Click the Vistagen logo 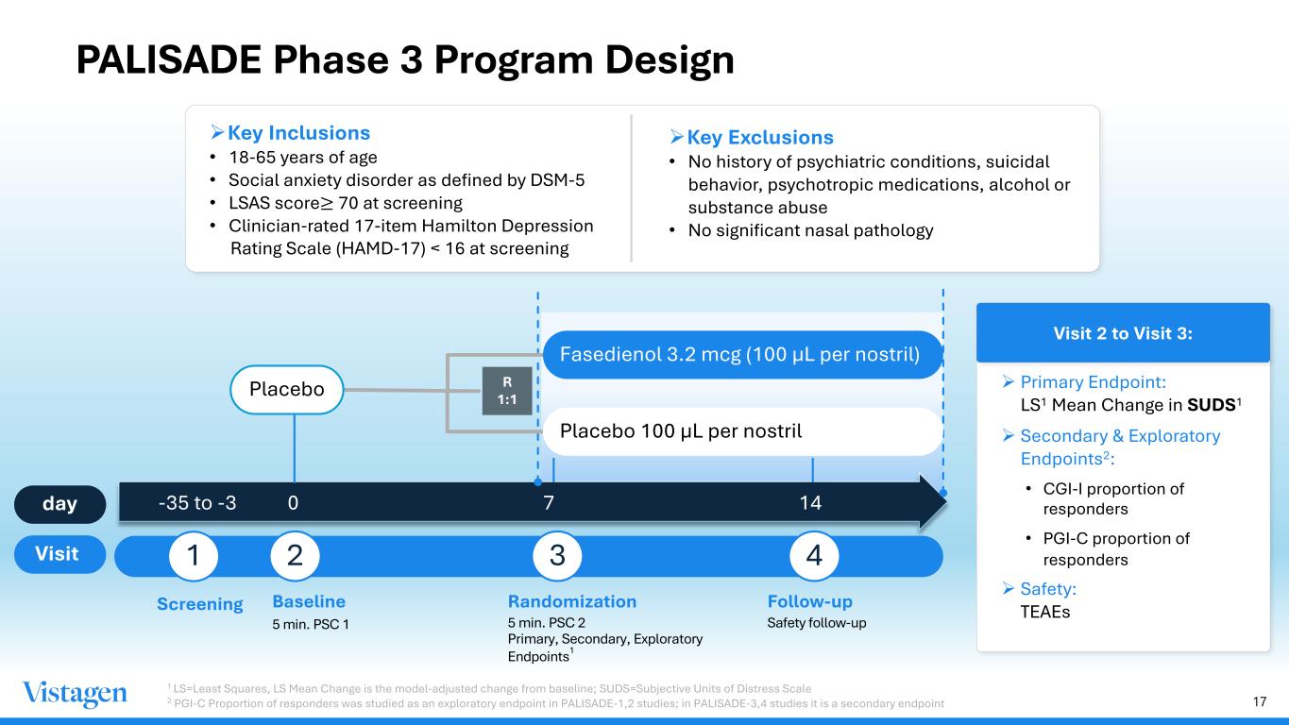pyautogui.click(x=75, y=695)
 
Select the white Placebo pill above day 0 pyautogui.click(x=286, y=390)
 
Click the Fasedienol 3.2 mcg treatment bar pyautogui.click(x=741, y=355)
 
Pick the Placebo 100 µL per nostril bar pyautogui.click(x=741, y=431)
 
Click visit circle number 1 pyautogui.click(x=194, y=556)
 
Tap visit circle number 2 pyautogui.click(x=295, y=556)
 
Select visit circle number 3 pyautogui.click(x=558, y=556)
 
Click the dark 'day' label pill pyautogui.click(x=60, y=503)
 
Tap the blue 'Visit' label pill pyautogui.click(x=58, y=553)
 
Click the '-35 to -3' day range pyautogui.click(x=196, y=503)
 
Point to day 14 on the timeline pyautogui.click(x=810, y=503)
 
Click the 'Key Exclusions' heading pyautogui.click(x=759, y=138)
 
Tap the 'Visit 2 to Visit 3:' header pyautogui.click(x=1122, y=333)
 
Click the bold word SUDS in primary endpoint pyautogui.click(x=1212, y=406)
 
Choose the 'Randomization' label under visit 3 pyautogui.click(x=572, y=601)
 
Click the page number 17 pyautogui.click(x=1259, y=701)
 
